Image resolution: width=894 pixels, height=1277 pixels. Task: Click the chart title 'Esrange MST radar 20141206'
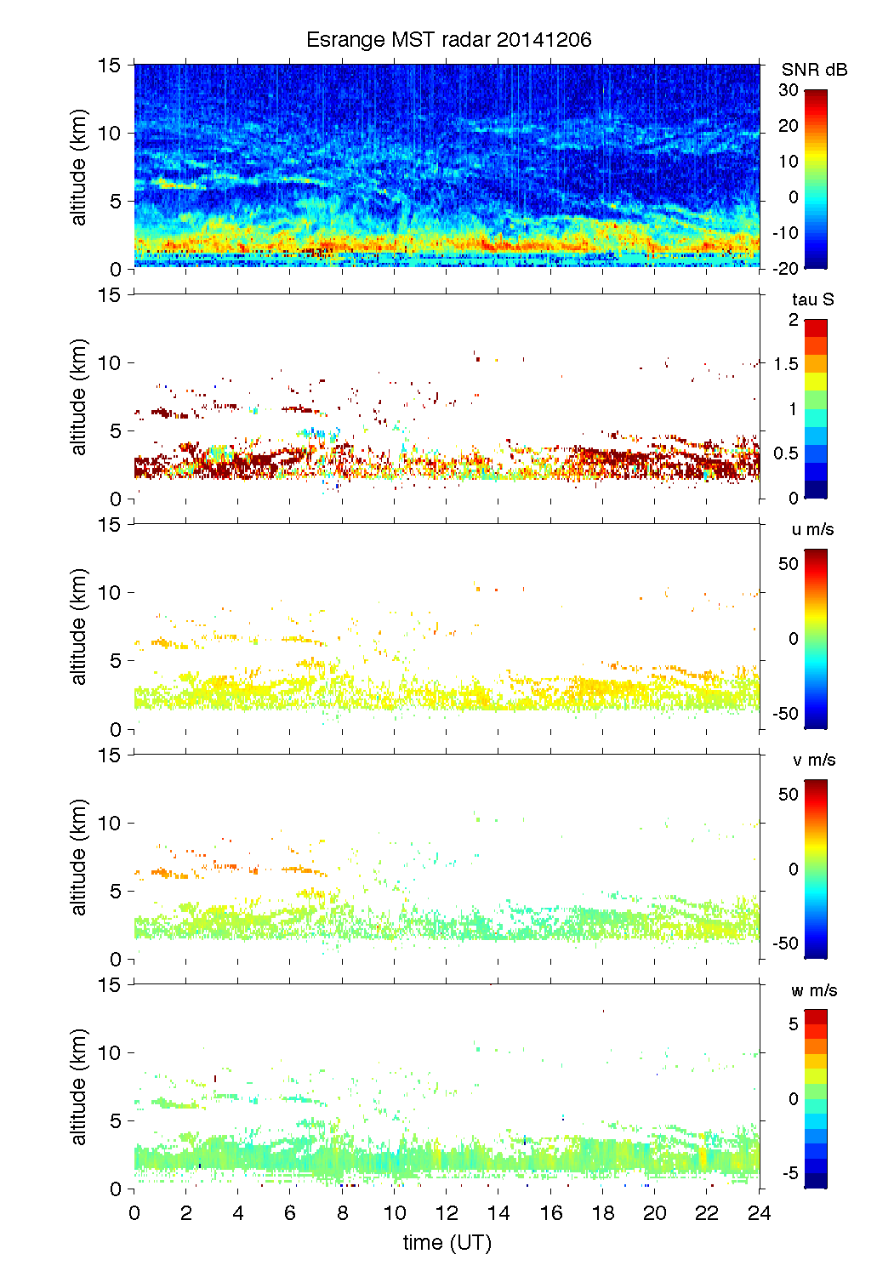(448, 40)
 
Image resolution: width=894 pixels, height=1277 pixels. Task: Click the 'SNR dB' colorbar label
(814, 70)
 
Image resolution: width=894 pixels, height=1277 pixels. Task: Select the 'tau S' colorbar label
(812, 299)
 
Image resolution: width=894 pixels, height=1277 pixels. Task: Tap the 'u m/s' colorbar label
(812, 529)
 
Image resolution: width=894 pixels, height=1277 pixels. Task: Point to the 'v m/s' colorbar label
(813, 760)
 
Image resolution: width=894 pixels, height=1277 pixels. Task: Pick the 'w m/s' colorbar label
(814, 990)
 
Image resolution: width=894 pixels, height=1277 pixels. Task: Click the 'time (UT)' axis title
(447, 1243)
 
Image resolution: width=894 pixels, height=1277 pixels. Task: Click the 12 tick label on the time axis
(447, 1213)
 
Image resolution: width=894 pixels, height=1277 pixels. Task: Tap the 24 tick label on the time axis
(759, 1213)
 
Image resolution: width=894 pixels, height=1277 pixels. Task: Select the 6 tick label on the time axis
(290, 1213)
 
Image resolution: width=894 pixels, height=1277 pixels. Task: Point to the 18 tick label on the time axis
(603, 1213)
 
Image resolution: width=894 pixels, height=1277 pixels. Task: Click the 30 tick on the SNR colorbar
(789, 90)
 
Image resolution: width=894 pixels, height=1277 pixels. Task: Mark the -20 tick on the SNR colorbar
(785, 269)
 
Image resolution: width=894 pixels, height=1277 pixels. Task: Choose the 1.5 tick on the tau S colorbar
(786, 364)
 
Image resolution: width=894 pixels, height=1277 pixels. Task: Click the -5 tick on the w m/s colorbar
(789, 1174)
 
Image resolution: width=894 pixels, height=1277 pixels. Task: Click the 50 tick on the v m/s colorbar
(789, 794)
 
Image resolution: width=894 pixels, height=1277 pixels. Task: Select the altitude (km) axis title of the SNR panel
(79, 167)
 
